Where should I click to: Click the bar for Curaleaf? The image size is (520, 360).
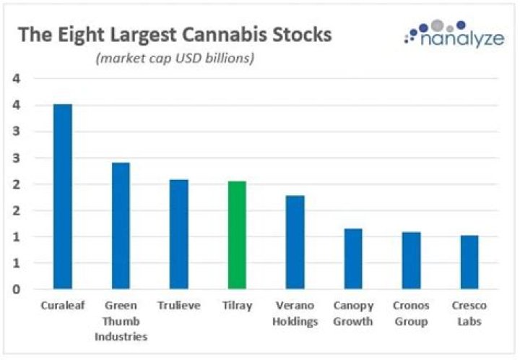coord(63,197)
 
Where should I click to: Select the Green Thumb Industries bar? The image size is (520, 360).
coord(121,226)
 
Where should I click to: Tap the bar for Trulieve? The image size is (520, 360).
coord(179,234)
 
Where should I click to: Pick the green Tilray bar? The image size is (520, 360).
coord(237,235)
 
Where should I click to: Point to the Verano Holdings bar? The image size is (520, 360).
coord(295,242)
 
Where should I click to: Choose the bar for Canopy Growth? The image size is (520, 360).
coord(353,259)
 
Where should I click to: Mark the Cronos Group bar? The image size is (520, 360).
coord(411,260)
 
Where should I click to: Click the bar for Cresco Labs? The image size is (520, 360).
coord(469,262)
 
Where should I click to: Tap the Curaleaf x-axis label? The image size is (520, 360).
coord(63,305)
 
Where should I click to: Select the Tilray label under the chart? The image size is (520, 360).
coord(237,305)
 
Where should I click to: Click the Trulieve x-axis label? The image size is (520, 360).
coord(179,305)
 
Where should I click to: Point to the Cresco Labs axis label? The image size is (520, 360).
coord(469,313)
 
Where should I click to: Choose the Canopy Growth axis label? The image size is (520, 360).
coord(353,313)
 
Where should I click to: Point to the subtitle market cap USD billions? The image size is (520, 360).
coord(175,58)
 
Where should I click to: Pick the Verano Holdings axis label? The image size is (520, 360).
coord(295,313)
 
